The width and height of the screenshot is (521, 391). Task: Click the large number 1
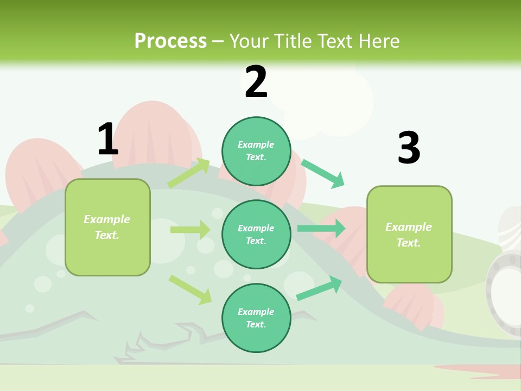coord(108,139)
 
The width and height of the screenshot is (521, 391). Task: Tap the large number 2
coord(256,83)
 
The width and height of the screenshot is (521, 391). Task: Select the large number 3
coord(409,148)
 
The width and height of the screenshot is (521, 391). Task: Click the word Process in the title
coord(170,41)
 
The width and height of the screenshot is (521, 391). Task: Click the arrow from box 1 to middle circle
coord(190,230)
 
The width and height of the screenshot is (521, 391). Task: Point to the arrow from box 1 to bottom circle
coord(190,289)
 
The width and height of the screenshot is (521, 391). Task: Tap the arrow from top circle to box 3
coord(323,173)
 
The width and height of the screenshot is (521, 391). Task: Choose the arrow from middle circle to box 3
coord(321,229)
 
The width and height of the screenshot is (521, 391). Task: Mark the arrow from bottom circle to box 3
coord(319,288)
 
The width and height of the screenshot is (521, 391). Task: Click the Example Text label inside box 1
coord(107,227)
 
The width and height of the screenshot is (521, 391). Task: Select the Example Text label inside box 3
coord(409,235)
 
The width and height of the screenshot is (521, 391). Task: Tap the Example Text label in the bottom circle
coord(256,318)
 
